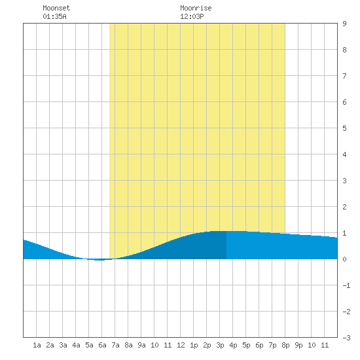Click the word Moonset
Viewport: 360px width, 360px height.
tap(56, 8)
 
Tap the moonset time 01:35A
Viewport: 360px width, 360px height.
tap(54, 16)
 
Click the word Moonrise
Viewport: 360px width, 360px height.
tap(196, 8)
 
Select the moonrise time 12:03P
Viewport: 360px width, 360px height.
tap(192, 16)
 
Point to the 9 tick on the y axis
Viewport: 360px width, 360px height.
tap(344, 24)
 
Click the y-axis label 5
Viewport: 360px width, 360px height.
tap(344, 128)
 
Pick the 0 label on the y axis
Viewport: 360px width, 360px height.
tap(344, 259)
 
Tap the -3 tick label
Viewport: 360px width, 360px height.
tap(346, 338)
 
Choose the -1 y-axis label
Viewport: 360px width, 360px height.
tap(346, 285)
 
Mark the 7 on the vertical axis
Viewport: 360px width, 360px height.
tap(344, 76)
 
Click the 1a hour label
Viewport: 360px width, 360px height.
tap(37, 345)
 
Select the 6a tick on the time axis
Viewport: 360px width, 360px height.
tap(102, 345)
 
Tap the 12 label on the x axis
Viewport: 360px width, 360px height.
tap(181, 345)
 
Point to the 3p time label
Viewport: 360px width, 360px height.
tap(220, 345)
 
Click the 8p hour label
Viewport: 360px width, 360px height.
tap(285, 345)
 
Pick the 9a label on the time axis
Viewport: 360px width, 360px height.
tap(141, 345)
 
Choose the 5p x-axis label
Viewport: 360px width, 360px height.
tap(246, 345)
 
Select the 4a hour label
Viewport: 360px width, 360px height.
tap(76, 345)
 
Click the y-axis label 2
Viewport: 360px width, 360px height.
tap(344, 207)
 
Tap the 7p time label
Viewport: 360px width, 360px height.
tap(272, 345)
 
